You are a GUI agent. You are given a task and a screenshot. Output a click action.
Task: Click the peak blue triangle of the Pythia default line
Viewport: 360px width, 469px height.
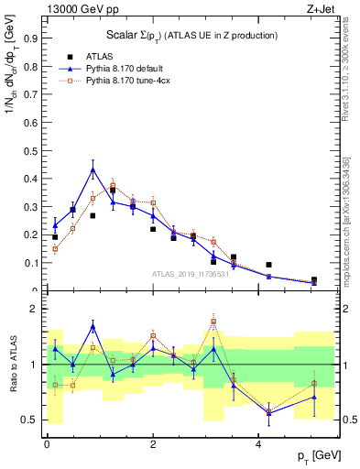pos(93,169)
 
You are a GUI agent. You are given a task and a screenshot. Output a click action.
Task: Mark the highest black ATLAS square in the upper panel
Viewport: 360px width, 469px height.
pos(113,191)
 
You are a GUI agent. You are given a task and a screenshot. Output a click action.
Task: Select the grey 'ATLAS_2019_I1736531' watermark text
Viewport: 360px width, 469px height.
pos(191,274)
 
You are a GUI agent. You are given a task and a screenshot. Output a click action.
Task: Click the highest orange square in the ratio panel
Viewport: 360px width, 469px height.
pos(213,321)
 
